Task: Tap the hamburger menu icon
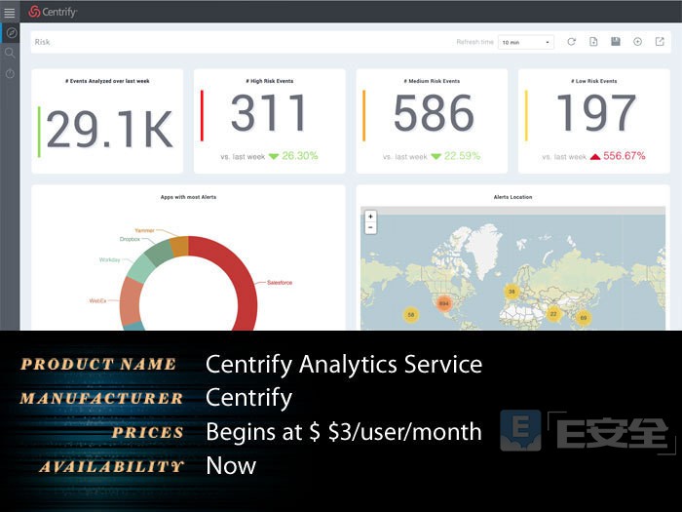pyautogui.click(x=10, y=12)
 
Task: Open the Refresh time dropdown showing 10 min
pyautogui.click(x=525, y=42)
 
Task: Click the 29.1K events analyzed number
pyautogui.click(x=109, y=129)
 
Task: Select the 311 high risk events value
pyautogui.click(x=268, y=113)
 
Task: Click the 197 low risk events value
pyautogui.click(x=594, y=113)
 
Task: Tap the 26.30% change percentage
pyautogui.click(x=300, y=156)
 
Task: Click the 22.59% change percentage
pyautogui.click(x=462, y=156)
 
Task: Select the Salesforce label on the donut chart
pyautogui.click(x=280, y=283)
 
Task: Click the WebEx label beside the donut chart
pyautogui.click(x=97, y=301)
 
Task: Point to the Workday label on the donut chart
pyautogui.click(x=109, y=260)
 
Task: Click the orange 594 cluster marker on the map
pyautogui.click(x=443, y=303)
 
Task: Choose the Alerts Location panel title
pyautogui.click(x=513, y=197)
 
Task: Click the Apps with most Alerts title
pyautogui.click(x=188, y=197)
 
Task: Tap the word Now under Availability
pyautogui.click(x=231, y=466)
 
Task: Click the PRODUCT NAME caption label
pyautogui.click(x=98, y=365)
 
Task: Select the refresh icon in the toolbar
pyautogui.click(x=571, y=42)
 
